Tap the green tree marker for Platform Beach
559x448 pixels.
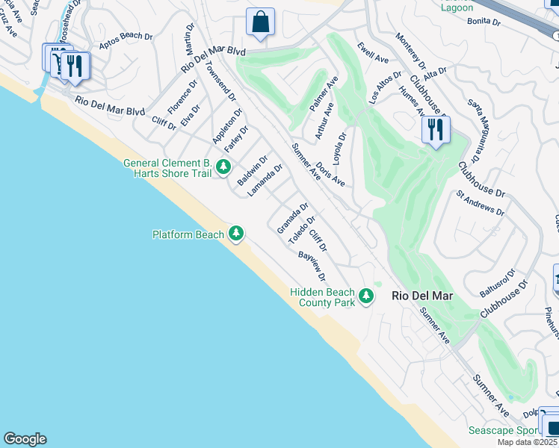[x=236, y=234]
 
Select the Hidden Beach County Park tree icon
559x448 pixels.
[x=365, y=296]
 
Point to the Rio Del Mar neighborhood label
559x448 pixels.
[x=422, y=296]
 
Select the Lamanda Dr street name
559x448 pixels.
[x=265, y=181]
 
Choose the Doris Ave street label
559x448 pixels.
[x=329, y=174]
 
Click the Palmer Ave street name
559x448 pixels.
[x=324, y=93]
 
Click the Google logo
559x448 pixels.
[x=25, y=439]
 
